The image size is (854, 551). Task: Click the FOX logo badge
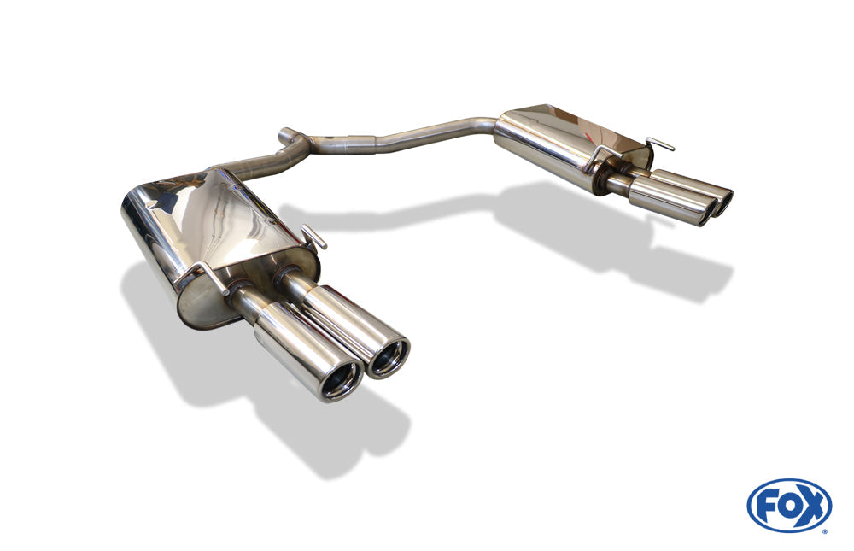click(789, 505)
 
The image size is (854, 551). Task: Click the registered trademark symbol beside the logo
click(828, 530)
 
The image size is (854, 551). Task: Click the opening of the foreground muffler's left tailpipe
click(342, 379)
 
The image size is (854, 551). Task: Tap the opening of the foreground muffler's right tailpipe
click(388, 358)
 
